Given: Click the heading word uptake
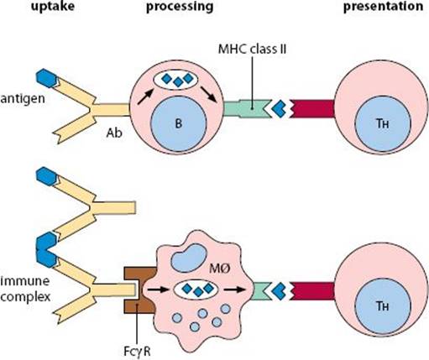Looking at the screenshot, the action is (53, 6).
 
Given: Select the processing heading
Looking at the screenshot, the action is (180, 7).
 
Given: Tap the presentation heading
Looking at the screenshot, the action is (383, 7).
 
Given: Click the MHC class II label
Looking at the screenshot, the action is (252, 50).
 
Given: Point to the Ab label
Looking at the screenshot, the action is (114, 133).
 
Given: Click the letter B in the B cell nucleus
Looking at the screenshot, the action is (178, 123).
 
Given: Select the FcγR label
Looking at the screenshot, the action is (137, 352).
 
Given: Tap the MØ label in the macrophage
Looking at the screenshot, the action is (220, 269).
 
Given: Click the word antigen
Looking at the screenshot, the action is (23, 99).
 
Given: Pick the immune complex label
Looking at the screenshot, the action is (25, 289).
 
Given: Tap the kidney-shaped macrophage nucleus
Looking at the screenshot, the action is (189, 258).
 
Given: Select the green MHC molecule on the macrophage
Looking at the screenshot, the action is (260, 290).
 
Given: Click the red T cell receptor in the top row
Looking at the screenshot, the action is (312, 108).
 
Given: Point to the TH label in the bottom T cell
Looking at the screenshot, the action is (383, 306).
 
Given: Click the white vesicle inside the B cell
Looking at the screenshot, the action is (175, 80).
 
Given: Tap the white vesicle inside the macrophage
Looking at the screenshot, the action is (196, 290).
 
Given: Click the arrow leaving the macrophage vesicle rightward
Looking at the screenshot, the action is (234, 290).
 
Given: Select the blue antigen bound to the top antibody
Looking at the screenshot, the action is (46, 78).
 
